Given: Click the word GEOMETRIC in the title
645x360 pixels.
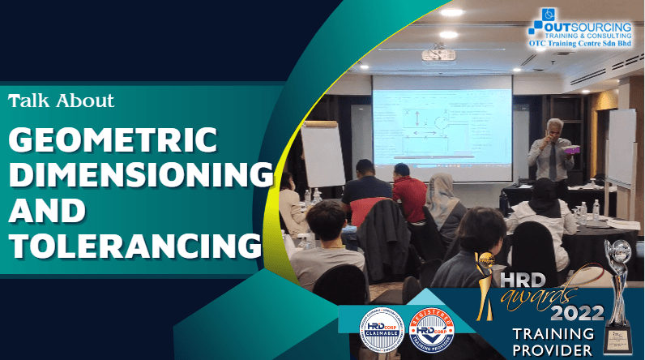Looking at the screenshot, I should point(113,140).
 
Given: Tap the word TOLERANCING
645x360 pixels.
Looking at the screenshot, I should point(135,243).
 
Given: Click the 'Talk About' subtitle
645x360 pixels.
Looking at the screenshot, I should point(62,101).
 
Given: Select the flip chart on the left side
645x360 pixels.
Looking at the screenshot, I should point(322,153).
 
